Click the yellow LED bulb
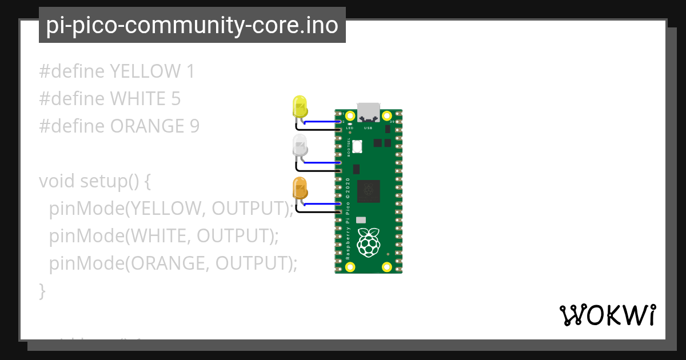pos(300,106)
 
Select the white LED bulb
pos(300,146)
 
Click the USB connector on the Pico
pos(369,112)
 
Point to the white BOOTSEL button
pos(357,146)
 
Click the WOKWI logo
pos(608,315)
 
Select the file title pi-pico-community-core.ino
pos(192,25)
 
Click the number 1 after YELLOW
pos(190,71)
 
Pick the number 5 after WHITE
pos(176,99)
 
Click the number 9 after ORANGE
pos(194,126)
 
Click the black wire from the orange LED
pos(320,212)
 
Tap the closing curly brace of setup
pos(42,291)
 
